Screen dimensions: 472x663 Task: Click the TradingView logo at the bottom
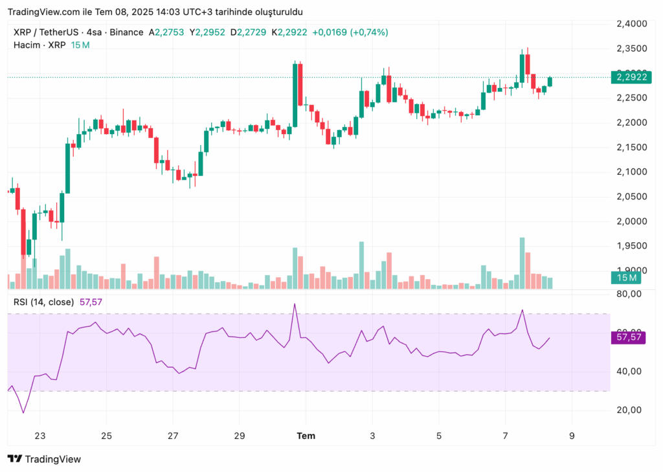(x=44, y=459)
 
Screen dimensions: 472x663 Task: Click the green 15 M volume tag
(x=625, y=278)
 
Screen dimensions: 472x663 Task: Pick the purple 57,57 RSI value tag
(x=629, y=337)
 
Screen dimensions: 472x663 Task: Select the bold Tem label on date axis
(x=306, y=436)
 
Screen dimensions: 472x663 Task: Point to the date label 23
(x=40, y=436)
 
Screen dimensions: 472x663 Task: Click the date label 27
(x=173, y=436)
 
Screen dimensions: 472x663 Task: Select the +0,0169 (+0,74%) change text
(x=350, y=32)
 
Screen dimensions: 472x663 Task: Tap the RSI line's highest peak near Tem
(x=295, y=304)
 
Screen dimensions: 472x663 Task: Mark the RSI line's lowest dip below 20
(x=23, y=412)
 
